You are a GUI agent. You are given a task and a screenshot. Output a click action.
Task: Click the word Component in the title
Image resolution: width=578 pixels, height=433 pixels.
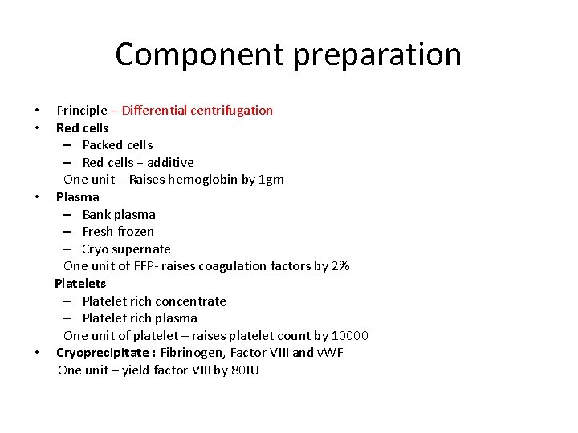pos(199,55)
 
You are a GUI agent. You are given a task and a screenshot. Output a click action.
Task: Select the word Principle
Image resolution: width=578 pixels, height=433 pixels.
pos(81,110)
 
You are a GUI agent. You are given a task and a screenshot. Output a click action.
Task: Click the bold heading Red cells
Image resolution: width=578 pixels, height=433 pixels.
pos(82,127)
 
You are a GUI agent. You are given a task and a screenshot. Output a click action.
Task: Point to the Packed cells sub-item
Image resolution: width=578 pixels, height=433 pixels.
pos(117,145)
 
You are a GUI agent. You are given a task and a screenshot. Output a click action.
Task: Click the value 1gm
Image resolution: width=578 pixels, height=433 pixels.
pos(271,180)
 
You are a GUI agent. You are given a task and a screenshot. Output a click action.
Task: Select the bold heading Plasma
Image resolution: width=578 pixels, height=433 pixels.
pos(78,196)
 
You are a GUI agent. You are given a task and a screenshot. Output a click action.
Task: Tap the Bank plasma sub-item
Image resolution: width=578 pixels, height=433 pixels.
pos(119,214)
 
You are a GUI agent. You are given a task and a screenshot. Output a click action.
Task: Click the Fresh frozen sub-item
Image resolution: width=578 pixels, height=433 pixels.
pos(118,232)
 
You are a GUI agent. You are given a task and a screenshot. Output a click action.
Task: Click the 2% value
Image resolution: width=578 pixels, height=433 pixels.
pos(340,266)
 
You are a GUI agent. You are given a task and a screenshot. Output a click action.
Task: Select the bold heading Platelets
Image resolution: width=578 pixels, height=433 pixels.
pos(80,283)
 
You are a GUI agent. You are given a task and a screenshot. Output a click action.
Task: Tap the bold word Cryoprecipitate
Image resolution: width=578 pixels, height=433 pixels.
pos(102,353)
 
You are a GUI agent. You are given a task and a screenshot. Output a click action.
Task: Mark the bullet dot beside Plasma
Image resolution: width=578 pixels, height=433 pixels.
pos(37,197)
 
